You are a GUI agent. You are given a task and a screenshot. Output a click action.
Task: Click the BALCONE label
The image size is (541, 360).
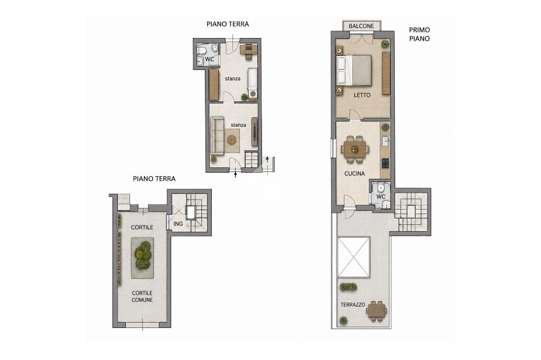pyautogui.click(x=361, y=26)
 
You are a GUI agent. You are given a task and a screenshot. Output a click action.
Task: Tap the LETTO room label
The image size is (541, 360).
pyautogui.click(x=362, y=95)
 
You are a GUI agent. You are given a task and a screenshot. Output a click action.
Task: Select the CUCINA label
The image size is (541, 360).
pyautogui.click(x=355, y=174)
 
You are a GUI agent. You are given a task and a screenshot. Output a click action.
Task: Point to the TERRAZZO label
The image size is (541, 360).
pyautogui.click(x=353, y=305)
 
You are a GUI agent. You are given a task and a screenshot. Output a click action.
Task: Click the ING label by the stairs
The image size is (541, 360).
pyautogui.click(x=178, y=224)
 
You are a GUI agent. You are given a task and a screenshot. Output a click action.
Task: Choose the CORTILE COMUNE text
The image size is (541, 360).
pyautogui.click(x=142, y=297)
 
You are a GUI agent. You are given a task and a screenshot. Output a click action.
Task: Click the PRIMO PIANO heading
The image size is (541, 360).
pyautogui.click(x=419, y=34)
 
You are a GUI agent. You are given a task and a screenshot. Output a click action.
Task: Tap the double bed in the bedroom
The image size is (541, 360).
pyautogui.click(x=355, y=70)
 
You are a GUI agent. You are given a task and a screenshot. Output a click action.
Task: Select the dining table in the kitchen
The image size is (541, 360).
pyautogui.click(x=355, y=149)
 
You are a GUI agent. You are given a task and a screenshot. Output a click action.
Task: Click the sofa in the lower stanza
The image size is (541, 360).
pyautogui.click(x=217, y=136)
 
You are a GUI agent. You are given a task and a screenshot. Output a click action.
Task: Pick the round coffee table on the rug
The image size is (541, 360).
pyautogui.click(x=231, y=140)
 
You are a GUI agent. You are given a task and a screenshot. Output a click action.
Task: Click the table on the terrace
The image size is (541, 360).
pyautogui.click(x=377, y=311)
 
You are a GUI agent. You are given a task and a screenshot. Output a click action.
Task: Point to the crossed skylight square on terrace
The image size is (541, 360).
pyautogui.click(x=353, y=257)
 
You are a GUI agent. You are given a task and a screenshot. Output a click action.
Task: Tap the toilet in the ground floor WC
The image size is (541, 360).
pyautogui.click(x=203, y=51)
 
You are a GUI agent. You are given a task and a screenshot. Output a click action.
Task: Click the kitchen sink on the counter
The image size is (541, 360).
pyautogui.click(x=385, y=141)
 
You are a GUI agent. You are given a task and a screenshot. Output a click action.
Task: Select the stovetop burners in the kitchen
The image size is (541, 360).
pyautogui.click(x=385, y=164)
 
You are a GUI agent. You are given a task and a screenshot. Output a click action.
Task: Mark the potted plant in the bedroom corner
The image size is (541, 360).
pyautogui.click(x=385, y=44)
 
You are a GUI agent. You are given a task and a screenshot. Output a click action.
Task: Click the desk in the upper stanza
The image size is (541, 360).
pyautogui.click(x=249, y=49)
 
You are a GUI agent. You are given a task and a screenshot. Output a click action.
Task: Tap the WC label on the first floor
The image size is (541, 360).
pyautogui.click(x=381, y=197)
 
